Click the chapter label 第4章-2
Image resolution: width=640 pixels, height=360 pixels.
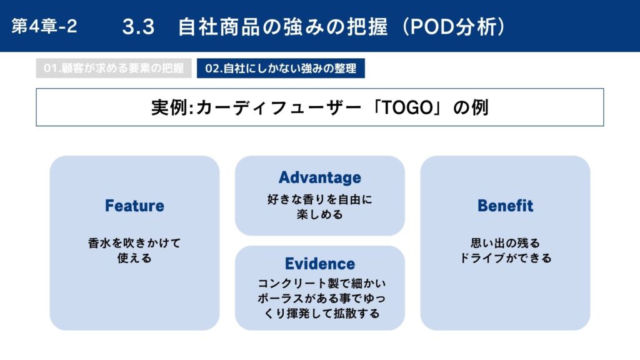(44, 26)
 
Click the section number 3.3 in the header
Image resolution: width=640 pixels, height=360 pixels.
(138, 27)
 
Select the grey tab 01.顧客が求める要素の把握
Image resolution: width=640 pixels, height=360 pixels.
(114, 68)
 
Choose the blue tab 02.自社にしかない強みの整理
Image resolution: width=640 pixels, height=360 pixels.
(281, 68)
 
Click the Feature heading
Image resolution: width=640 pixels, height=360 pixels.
(135, 206)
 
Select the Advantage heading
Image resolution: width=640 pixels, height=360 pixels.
(320, 177)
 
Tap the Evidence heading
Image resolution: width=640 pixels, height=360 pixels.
(320, 264)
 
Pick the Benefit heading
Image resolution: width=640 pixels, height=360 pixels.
(505, 206)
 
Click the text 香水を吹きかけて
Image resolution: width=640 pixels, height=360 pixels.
(135, 243)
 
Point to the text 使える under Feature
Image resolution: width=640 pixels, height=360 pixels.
(135, 258)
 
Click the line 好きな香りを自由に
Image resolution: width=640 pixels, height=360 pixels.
(320, 199)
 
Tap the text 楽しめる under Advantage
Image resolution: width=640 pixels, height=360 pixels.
(320, 214)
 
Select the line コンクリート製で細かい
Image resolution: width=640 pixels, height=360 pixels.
(322, 283)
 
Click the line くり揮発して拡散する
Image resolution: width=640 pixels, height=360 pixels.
(322, 314)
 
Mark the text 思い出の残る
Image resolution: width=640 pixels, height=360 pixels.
(505, 243)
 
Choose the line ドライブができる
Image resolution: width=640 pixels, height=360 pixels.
(505, 258)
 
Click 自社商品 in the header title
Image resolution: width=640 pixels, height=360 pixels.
(219, 27)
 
